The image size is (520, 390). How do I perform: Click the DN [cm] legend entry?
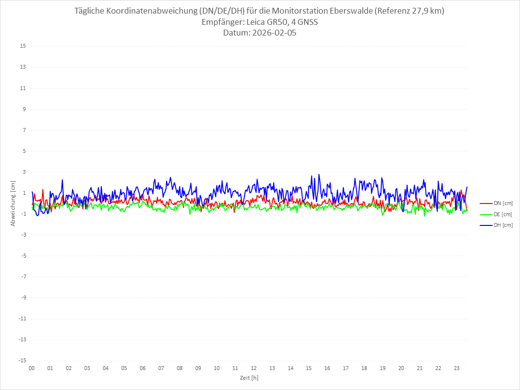click(503, 204)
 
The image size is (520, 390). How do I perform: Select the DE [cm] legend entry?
click(503, 214)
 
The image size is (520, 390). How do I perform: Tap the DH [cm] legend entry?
click(503, 225)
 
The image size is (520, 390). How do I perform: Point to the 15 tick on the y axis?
click(23, 46)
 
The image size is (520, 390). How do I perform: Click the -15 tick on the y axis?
click(22, 360)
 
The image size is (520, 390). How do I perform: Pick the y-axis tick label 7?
click(24, 130)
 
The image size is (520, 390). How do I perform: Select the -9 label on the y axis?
click(23, 297)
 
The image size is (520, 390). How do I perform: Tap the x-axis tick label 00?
click(32, 368)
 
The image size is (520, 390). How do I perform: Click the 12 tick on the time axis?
click(254, 368)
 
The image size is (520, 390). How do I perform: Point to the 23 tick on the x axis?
click(457, 368)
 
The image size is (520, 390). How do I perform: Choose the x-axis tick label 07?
click(161, 368)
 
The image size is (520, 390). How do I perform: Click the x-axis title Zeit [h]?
click(249, 378)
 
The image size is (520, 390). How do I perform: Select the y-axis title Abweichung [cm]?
click(13, 203)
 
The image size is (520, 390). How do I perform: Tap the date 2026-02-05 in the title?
click(273, 33)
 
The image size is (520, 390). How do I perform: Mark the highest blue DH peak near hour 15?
click(319, 174)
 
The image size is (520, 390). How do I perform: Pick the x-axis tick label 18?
click(364, 368)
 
